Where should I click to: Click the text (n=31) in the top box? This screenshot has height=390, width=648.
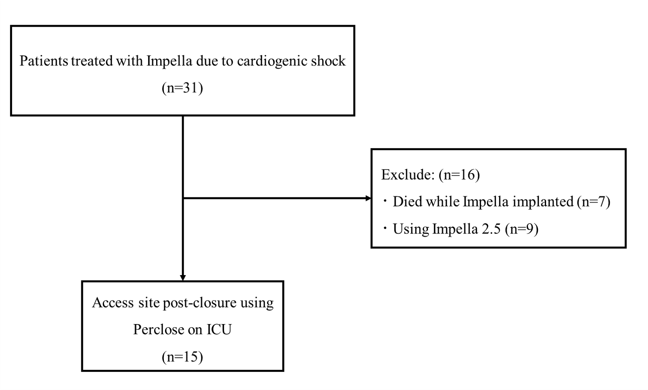182,88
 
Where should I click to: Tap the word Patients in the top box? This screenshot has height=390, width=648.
44,61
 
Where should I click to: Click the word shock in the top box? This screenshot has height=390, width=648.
328,61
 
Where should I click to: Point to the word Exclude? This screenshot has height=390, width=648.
408,175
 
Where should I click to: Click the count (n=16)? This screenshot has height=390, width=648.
459,175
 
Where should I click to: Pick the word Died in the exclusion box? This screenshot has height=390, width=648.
406,201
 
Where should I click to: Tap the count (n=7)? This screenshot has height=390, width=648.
594,201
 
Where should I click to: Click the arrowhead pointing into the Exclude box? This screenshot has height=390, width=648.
368,198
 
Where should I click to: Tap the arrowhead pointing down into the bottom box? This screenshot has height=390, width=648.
183,278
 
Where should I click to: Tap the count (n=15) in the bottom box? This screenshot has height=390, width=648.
182,357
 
